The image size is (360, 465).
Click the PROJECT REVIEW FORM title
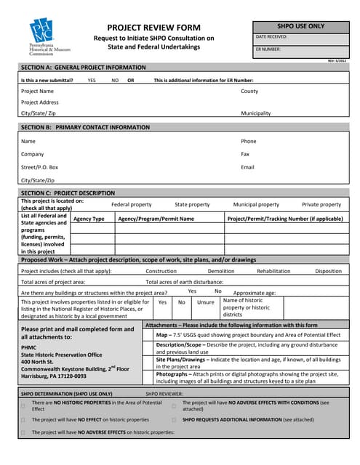coord(154,26)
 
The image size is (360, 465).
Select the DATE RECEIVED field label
coord(272,36)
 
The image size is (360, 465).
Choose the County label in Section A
coord(249,92)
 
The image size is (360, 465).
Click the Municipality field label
coord(256,113)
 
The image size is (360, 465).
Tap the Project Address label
coord(40,102)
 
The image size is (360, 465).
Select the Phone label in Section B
coord(249,142)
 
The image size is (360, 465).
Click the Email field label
coord(248,167)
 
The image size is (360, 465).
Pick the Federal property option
coord(131,205)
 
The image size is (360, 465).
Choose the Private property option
coord(321,205)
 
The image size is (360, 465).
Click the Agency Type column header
coord(89,219)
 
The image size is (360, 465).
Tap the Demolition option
coord(221,271)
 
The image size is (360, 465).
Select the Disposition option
coord(328,271)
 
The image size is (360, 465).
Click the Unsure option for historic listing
coord(206,302)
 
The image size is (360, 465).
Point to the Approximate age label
coord(254,292)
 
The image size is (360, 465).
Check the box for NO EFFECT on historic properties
coord(23,420)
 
